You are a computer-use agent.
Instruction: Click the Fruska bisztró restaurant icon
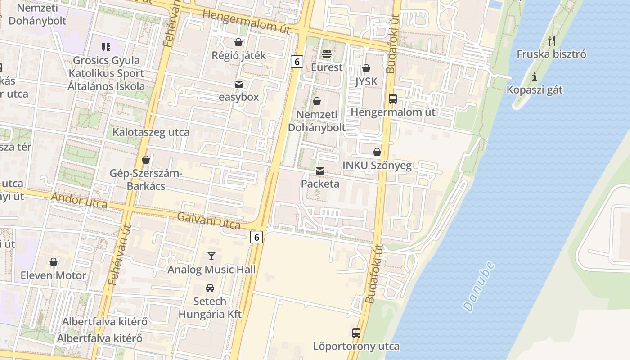pyautogui.click(x=552, y=41)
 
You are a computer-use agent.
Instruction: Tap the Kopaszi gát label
pyautogui.click(x=535, y=90)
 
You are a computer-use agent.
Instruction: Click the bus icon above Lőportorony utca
pyautogui.click(x=356, y=333)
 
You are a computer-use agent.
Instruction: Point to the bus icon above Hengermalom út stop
pyautogui.click(x=392, y=99)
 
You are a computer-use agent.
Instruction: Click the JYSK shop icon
pyautogui.click(x=366, y=68)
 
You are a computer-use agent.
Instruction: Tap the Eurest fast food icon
pyautogui.click(x=327, y=54)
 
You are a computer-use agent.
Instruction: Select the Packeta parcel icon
pyautogui.click(x=320, y=171)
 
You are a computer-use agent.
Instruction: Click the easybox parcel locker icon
pyautogui.click(x=238, y=84)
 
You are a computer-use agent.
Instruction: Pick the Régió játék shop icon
pyautogui.click(x=238, y=42)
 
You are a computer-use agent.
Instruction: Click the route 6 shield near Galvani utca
pyautogui.click(x=256, y=237)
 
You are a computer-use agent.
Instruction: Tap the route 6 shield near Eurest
pyautogui.click(x=297, y=61)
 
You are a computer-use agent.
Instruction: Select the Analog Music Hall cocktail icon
pyautogui.click(x=211, y=256)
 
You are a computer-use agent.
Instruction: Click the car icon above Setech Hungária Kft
pyautogui.click(x=210, y=288)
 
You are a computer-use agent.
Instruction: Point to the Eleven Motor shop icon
pyautogui.click(x=54, y=262)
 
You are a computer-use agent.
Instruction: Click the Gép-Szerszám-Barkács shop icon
pyautogui.click(x=145, y=160)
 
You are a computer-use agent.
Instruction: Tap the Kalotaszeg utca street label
pyautogui.click(x=151, y=132)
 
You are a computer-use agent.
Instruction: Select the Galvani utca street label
pyautogui.click(x=209, y=220)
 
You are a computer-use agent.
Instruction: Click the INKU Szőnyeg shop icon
pyautogui.click(x=377, y=152)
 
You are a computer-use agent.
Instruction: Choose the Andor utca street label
pyautogui.click(x=79, y=201)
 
